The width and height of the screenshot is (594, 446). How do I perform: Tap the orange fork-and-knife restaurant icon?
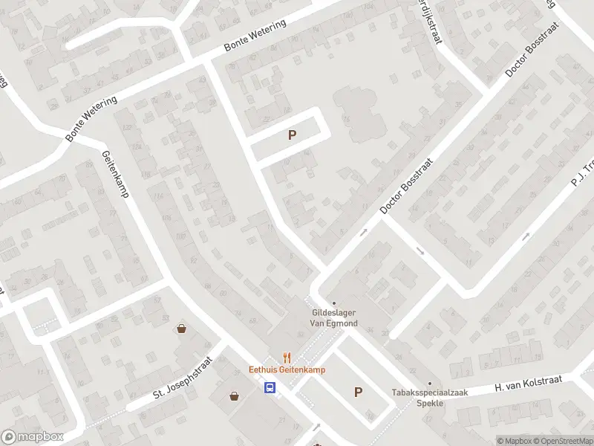tap(284, 358)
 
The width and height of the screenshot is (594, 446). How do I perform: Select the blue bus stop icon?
tap(270, 387)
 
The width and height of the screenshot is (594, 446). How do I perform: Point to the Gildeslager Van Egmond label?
tap(334, 318)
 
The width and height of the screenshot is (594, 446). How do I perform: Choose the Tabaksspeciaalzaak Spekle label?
tap(418, 398)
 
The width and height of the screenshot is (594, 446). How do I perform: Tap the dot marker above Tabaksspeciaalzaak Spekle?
tap(429, 384)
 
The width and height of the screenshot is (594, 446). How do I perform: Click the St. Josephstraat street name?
tap(183, 376)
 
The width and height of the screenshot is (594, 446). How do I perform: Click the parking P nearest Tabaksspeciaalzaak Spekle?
tap(359, 392)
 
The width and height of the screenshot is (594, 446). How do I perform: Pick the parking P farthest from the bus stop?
tap(293, 135)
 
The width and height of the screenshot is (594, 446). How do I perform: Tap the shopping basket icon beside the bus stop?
tap(235, 396)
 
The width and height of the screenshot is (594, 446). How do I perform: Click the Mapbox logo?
tap(33, 437)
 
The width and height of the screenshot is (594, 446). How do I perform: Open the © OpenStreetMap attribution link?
tap(562, 441)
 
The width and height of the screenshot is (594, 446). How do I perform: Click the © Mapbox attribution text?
tap(514, 441)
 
